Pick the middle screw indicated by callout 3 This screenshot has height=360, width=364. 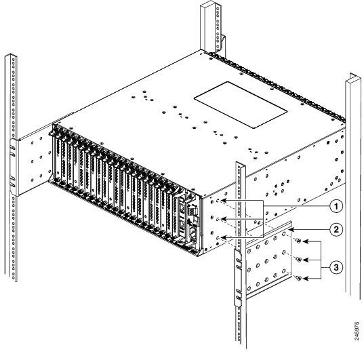pyautogui.click(x=300, y=259)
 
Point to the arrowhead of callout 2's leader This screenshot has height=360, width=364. pyautogui.click(x=289, y=231)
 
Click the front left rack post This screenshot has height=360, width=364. pyautogui.click(x=12, y=203)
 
